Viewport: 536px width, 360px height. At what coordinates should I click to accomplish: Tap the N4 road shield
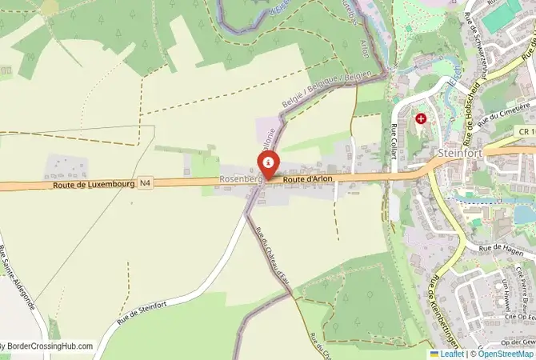(145, 182)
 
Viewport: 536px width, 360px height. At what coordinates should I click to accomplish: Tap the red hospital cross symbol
(421, 118)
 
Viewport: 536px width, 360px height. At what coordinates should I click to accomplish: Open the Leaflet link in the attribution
(452, 354)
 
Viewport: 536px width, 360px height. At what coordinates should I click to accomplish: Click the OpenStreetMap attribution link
(506, 354)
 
